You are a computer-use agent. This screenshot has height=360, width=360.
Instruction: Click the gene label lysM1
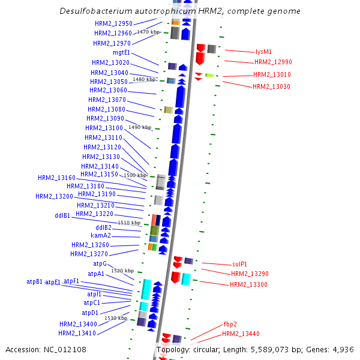[263, 52]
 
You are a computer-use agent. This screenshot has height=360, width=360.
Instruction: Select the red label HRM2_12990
[273, 62]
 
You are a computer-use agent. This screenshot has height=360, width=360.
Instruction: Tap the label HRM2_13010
[272, 74]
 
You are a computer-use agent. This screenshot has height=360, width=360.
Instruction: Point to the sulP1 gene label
[239, 264]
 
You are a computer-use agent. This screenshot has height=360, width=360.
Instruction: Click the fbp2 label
[230, 323]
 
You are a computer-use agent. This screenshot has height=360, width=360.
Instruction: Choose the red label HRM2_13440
[241, 334]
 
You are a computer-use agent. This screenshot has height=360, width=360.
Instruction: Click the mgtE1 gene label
[121, 52]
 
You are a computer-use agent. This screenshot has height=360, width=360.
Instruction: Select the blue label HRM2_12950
[113, 23]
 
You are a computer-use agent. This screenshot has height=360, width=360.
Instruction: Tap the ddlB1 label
[62, 215]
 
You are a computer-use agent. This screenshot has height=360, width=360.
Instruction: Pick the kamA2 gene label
[100, 235]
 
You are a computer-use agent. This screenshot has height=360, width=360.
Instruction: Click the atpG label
[100, 263]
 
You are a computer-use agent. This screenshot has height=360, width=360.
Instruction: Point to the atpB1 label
[35, 281]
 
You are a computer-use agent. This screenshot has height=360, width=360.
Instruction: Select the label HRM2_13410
[77, 333]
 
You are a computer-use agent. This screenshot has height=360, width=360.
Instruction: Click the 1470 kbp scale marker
[148, 32]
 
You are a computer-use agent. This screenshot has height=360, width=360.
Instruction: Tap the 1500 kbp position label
[135, 175]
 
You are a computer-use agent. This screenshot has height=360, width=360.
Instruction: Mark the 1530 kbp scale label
[116, 318]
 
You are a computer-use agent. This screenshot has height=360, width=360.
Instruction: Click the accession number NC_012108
[66, 349]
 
